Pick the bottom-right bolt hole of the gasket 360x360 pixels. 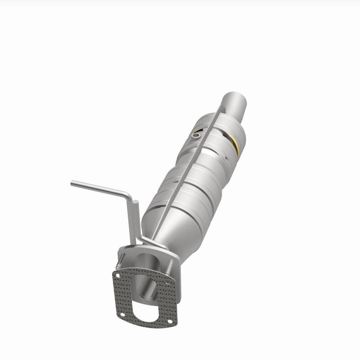[170, 322]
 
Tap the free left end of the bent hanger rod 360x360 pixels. [72, 183]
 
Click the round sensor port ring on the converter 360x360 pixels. [196, 134]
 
